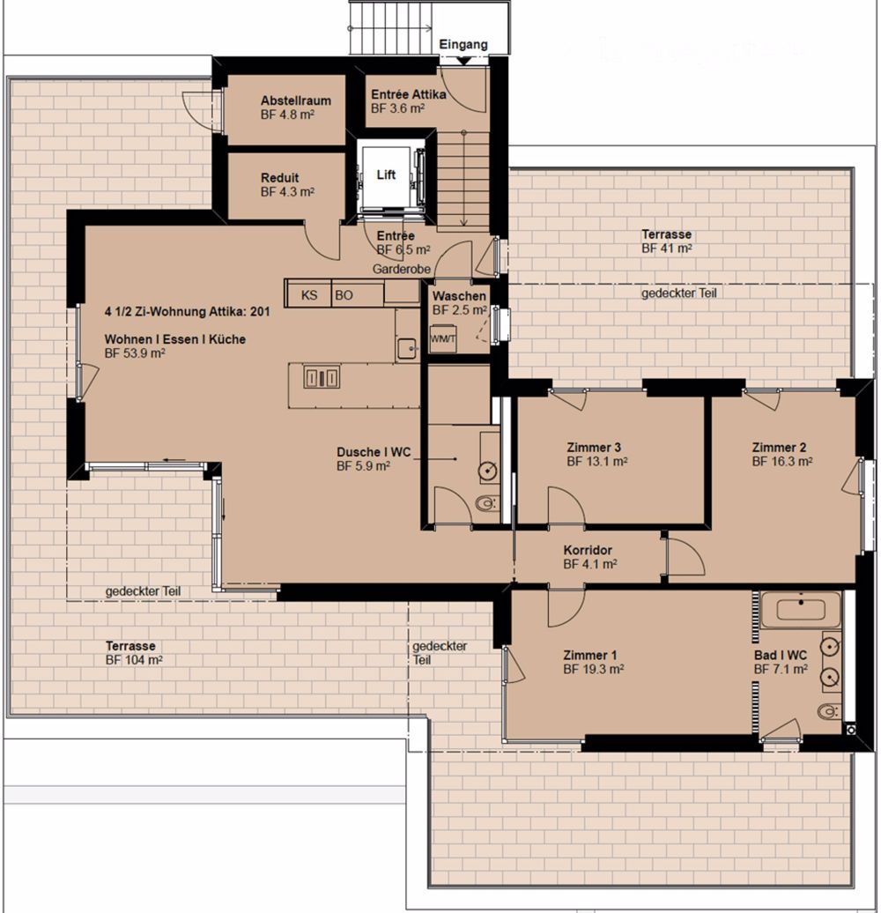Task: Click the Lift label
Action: coord(386,174)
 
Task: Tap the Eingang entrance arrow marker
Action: coord(463,61)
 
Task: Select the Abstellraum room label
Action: coord(296,100)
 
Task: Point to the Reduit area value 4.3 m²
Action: coord(287,192)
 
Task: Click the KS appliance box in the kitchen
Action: coord(307,294)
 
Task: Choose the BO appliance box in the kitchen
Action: coord(358,294)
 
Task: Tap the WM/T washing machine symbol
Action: coord(443,339)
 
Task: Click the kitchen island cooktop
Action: coord(322,378)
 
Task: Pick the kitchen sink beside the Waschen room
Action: coord(407,349)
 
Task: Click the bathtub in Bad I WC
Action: coord(801,610)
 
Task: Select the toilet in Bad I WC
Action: coord(829,711)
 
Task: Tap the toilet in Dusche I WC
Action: coord(487,502)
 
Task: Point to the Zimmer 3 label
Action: coord(594,447)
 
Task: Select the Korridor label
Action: coord(588,550)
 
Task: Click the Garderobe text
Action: coord(402,269)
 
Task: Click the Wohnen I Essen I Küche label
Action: coord(175,339)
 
